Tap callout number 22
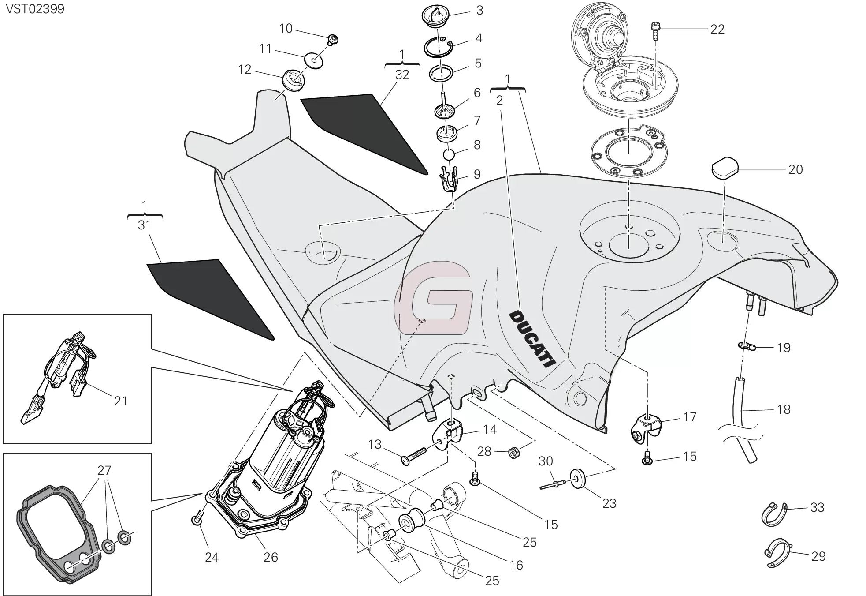[x=717, y=29]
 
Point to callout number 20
[x=795, y=169]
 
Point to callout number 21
[x=120, y=401]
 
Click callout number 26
[x=271, y=557]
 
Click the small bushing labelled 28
[x=513, y=453]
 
